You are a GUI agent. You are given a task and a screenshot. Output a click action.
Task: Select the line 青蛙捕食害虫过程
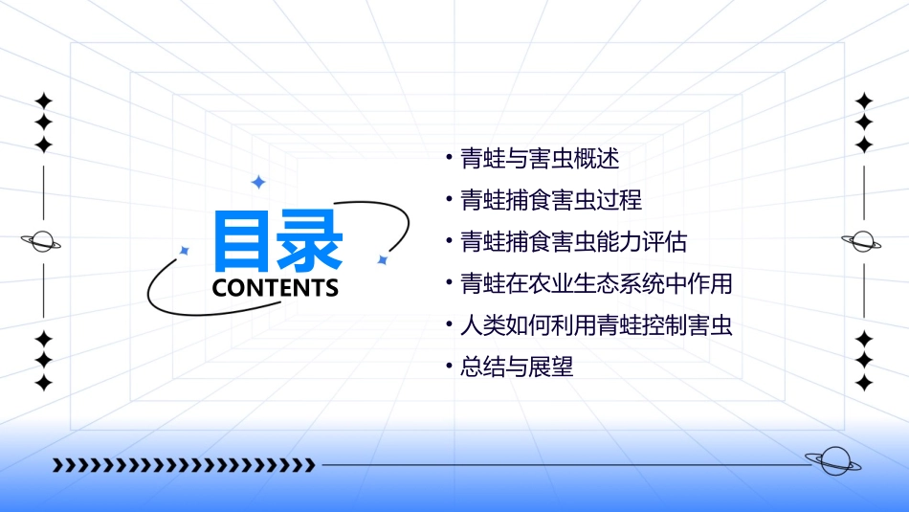(550, 200)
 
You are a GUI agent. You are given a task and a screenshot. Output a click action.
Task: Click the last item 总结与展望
(517, 367)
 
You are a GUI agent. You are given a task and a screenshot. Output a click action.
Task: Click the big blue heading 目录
(277, 240)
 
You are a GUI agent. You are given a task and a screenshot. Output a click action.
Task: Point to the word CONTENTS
(276, 288)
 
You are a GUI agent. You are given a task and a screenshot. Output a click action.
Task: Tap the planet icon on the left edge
(41, 241)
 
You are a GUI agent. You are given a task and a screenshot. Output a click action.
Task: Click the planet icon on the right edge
(862, 241)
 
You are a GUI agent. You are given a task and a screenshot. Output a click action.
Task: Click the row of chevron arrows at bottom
(184, 465)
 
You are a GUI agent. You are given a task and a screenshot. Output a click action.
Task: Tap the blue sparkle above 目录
(257, 182)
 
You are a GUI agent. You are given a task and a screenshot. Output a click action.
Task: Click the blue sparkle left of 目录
(185, 251)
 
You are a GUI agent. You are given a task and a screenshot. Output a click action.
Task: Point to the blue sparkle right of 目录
(382, 259)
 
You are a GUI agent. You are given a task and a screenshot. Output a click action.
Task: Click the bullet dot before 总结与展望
(449, 367)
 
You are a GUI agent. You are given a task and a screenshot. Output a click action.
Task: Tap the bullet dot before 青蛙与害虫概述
(449, 158)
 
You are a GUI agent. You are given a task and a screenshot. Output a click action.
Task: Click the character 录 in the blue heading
(309, 240)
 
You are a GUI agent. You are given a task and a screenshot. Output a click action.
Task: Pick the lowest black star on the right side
(864, 383)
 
